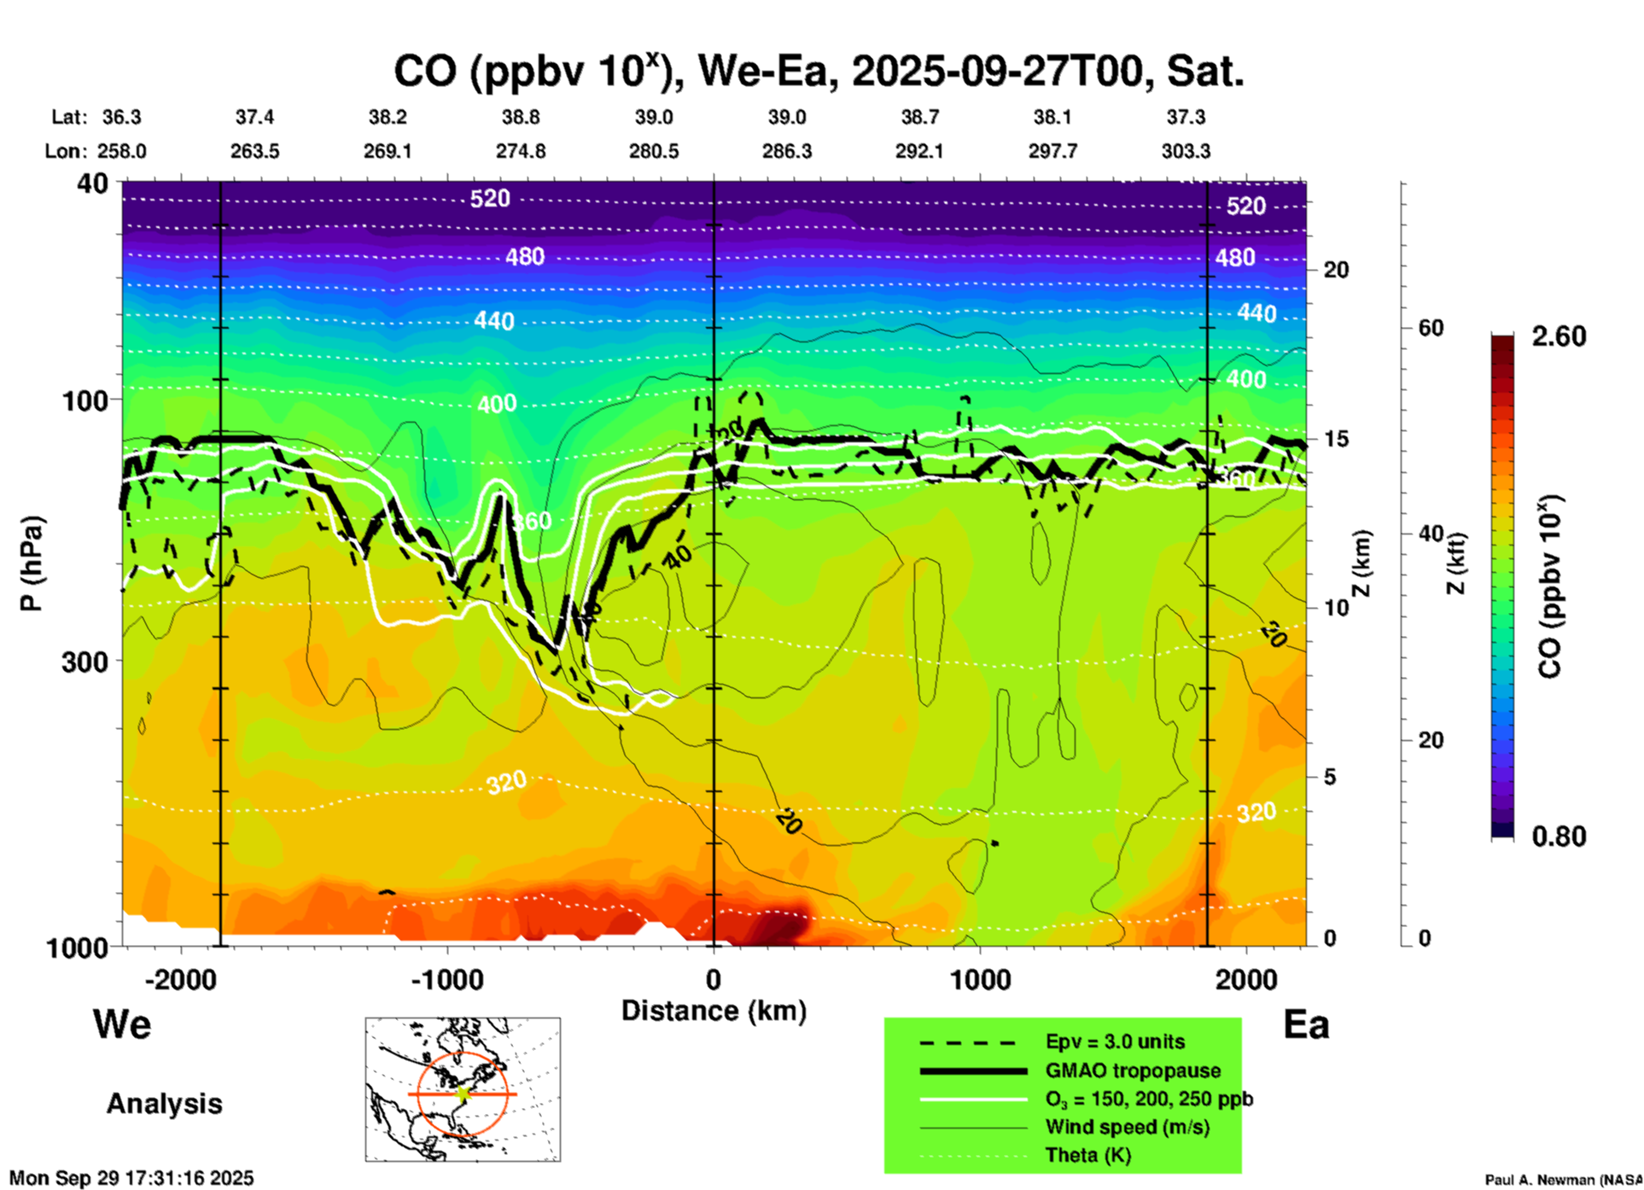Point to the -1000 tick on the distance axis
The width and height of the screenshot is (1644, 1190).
(446, 979)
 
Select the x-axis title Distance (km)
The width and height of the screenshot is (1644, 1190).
(714, 1011)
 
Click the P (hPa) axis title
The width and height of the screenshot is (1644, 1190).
(32, 563)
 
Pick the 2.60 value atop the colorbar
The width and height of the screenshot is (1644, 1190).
(1559, 336)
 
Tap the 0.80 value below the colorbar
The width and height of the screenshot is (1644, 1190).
(1559, 836)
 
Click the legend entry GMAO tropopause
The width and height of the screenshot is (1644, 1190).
(1133, 1070)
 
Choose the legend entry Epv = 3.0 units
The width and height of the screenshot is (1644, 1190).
(1115, 1041)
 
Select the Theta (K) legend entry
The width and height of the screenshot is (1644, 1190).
(1087, 1155)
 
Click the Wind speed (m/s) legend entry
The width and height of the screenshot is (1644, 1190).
(1127, 1127)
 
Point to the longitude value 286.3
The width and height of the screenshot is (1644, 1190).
(786, 151)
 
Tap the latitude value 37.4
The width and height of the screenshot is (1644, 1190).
(254, 117)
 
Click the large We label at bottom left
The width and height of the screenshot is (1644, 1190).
(122, 1024)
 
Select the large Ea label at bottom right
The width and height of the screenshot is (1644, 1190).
(1306, 1024)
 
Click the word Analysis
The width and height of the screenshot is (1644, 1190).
(164, 1103)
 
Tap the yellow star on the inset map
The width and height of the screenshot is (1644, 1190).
(463, 1093)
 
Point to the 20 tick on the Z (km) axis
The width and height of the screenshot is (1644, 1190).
(1336, 270)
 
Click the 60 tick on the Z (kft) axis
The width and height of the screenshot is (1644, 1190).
(1431, 328)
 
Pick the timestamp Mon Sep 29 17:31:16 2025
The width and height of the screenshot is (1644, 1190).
(131, 1178)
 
